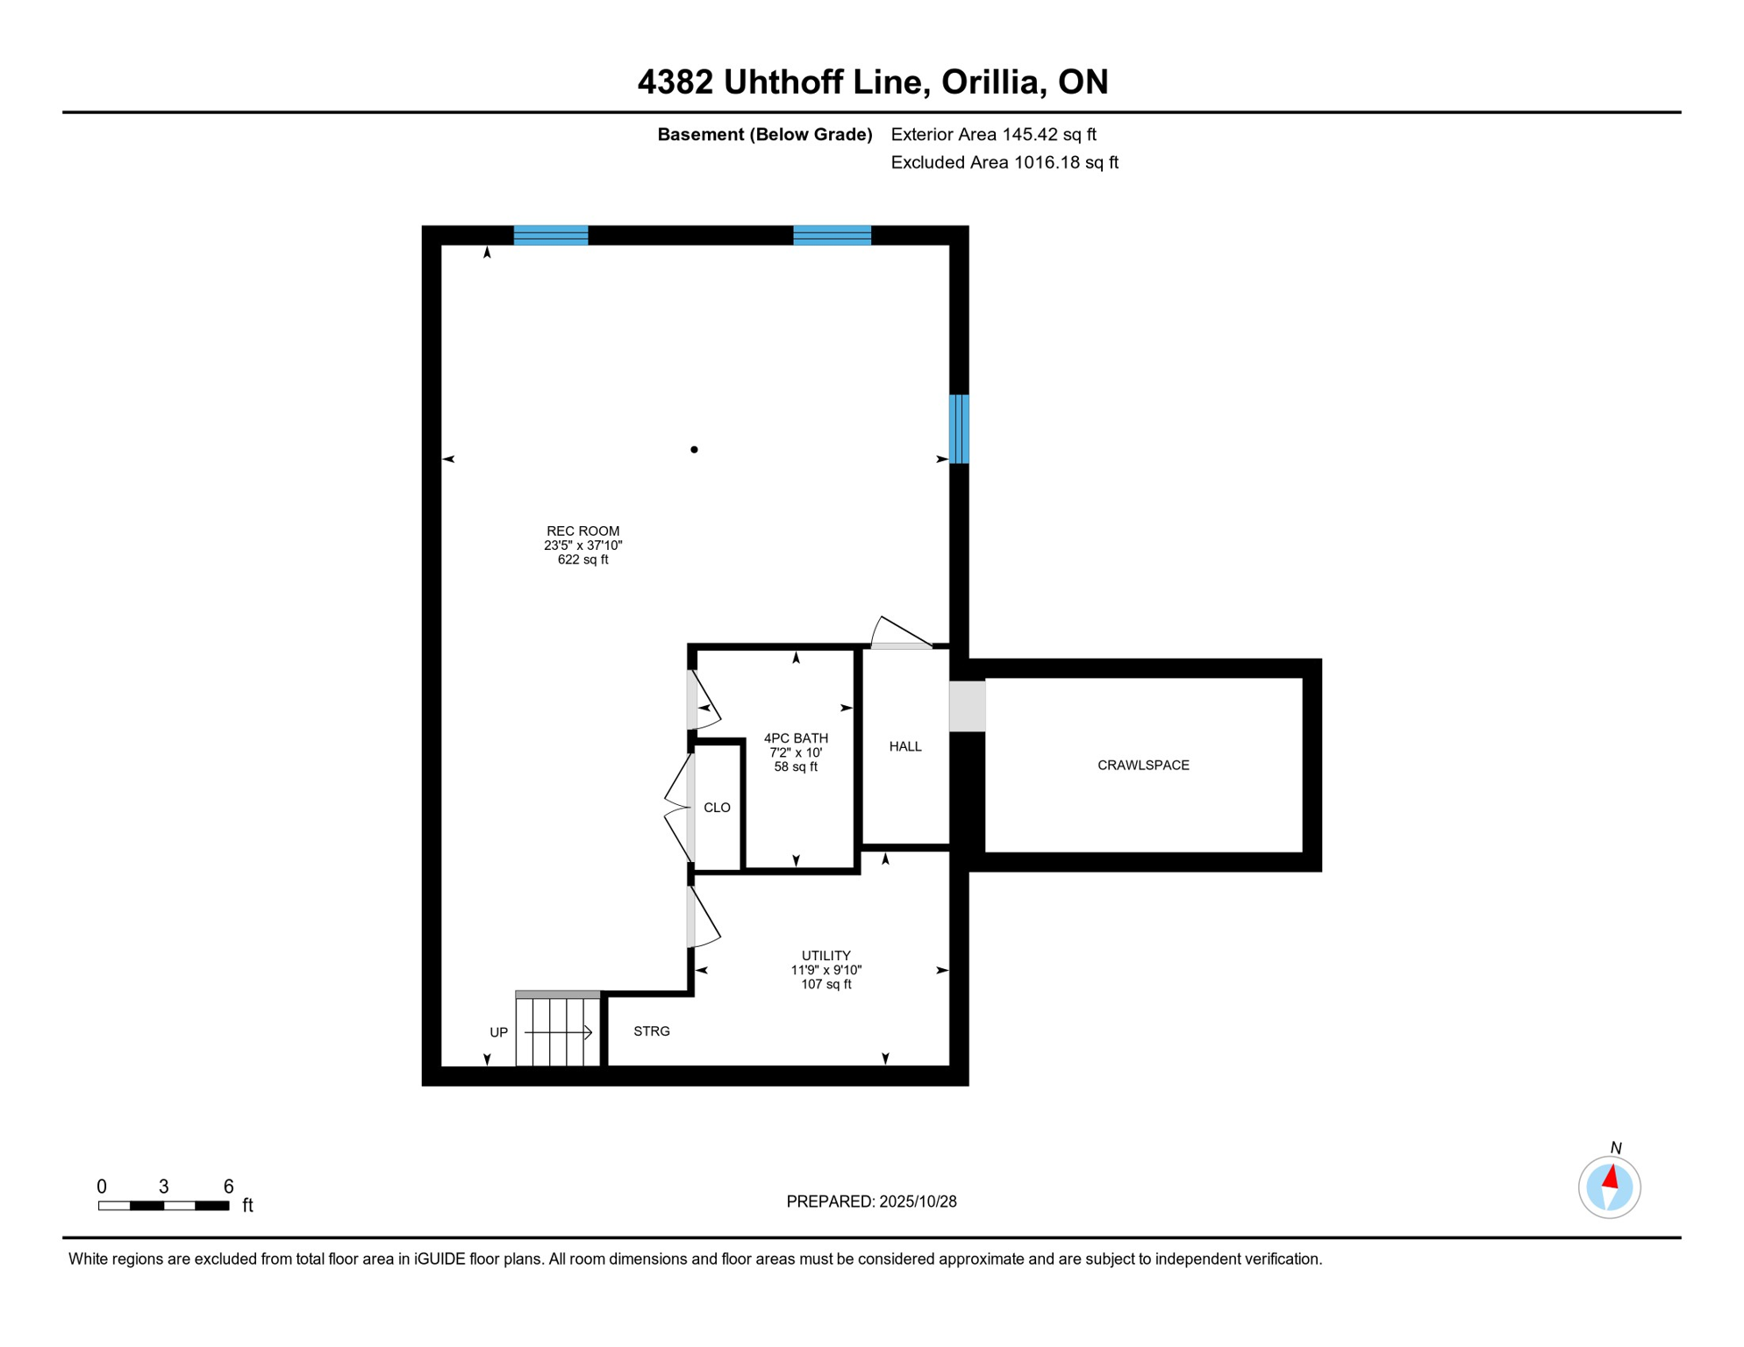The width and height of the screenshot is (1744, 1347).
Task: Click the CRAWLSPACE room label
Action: (x=1143, y=766)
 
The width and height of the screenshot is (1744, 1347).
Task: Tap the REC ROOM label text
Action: (x=583, y=531)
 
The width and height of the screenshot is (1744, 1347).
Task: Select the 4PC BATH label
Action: (x=796, y=738)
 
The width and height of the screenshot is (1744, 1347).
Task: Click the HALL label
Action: (x=905, y=747)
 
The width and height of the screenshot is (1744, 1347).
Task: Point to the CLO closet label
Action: (x=717, y=808)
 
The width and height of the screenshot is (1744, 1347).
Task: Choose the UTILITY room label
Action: (x=826, y=956)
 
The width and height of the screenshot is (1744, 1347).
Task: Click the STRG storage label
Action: (x=651, y=1031)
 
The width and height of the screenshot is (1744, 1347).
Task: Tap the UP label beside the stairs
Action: (x=498, y=1033)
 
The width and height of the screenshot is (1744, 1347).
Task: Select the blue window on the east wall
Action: (x=960, y=429)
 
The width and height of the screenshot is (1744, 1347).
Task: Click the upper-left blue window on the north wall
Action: (x=551, y=235)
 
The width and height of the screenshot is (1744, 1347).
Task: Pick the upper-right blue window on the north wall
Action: (x=832, y=235)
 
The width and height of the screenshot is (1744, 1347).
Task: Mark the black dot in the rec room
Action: (x=694, y=450)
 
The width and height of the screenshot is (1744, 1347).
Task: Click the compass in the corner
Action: (x=1609, y=1187)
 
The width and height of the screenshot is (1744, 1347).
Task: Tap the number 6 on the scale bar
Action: (x=228, y=1187)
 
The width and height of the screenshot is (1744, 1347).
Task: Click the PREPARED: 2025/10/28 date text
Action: (x=871, y=1201)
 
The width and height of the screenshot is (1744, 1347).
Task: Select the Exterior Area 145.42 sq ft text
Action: (x=993, y=134)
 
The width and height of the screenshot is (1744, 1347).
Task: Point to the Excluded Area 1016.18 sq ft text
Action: (x=1004, y=162)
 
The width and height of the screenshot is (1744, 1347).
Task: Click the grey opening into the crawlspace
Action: (x=968, y=706)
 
